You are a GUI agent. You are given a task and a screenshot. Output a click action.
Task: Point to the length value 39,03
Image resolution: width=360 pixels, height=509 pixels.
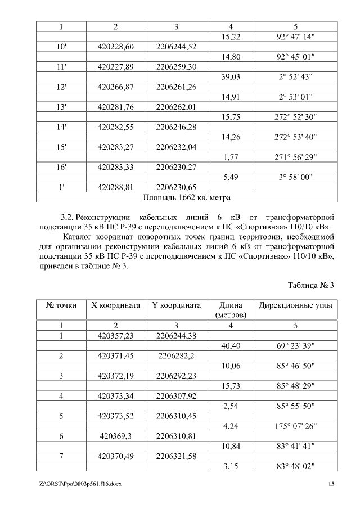pyautogui.click(x=231, y=77)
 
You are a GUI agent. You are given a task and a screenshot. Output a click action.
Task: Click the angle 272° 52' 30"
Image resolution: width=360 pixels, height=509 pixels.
pyautogui.click(x=296, y=118)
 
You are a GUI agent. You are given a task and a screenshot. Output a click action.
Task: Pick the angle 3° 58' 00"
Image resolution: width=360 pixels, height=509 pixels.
pyautogui.click(x=296, y=177)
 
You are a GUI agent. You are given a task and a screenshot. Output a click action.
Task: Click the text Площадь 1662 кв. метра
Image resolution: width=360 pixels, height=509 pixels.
pyautogui.click(x=187, y=197)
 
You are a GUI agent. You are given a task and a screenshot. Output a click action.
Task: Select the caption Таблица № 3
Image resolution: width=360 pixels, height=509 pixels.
pyautogui.click(x=311, y=285)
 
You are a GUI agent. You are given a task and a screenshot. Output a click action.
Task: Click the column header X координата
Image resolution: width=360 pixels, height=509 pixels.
pyautogui.click(x=115, y=306)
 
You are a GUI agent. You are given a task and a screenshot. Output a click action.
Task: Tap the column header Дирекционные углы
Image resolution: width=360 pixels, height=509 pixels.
pyautogui.click(x=295, y=306)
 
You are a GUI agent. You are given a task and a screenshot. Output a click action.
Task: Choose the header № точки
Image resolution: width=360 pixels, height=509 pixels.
pyautogui.click(x=61, y=306)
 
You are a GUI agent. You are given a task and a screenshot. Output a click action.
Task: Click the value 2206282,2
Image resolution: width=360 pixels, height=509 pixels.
pyautogui.click(x=176, y=356)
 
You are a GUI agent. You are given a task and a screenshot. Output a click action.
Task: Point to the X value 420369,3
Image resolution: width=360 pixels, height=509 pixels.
pyautogui.click(x=115, y=436)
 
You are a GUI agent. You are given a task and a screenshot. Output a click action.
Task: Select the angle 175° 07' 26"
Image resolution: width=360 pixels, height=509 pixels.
pyautogui.click(x=296, y=426)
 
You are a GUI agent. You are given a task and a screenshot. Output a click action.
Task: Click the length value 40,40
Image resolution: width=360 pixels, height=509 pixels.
pyautogui.click(x=231, y=346)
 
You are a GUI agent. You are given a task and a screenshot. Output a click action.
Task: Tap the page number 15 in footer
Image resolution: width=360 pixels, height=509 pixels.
pyautogui.click(x=331, y=484)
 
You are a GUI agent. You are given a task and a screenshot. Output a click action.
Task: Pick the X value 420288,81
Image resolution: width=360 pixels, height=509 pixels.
pyautogui.click(x=115, y=187)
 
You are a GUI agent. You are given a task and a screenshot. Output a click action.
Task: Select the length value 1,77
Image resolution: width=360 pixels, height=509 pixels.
pyautogui.click(x=231, y=157)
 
